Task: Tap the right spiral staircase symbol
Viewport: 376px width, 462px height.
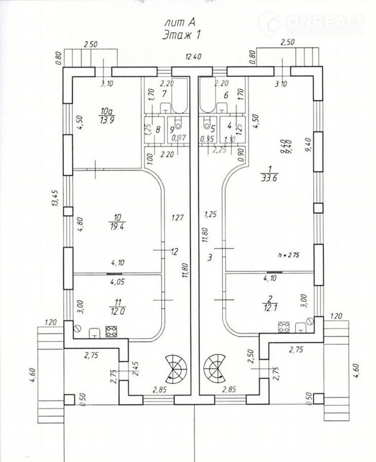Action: tap(214, 370)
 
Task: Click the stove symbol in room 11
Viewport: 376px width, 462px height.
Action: tap(110, 332)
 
